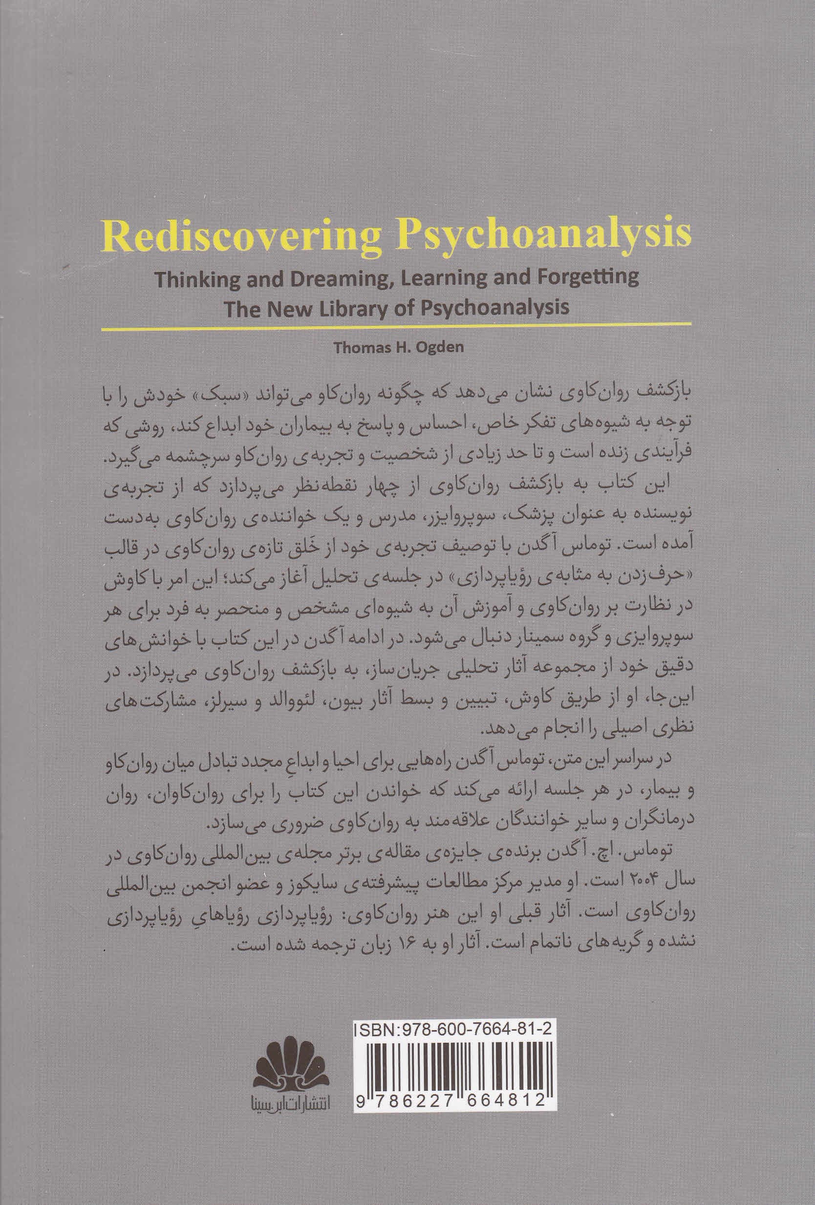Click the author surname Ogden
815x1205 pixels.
pos(440,347)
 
